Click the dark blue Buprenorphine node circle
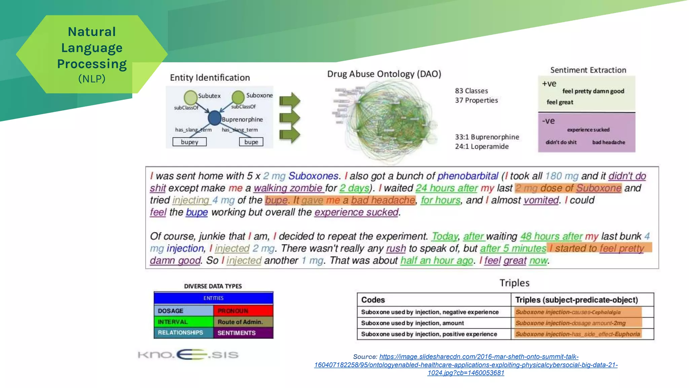pyautogui.click(x=214, y=118)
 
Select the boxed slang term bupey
pyautogui.click(x=189, y=142)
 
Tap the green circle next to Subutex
pyautogui.click(x=190, y=97)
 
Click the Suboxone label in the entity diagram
pyautogui.click(x=259, y=95)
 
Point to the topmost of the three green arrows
pyautogui.click(x=290, y=100)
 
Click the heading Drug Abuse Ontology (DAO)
pyautogui.click(x=384, y=74)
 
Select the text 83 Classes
pyautogui.click(x=471, y=91)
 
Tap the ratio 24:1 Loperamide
pyautogui.click(x=481, y=147)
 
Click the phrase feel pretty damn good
pyautogui.click(x=593, y=91)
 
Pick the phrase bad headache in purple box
pyautogui.click(x=608, y=142)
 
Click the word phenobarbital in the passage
pyautogui.click(x=467, y=176)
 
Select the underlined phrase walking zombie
pyautogui.click(x=288, y=188)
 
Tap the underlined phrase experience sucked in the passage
pyautogui.click(x=356, y=212)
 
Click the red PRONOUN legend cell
pyautogui.click(x=243, y=311)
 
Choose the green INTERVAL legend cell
pyautogui.click(x=183, y=322)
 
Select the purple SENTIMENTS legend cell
pyautogui.click(x=243, y=333)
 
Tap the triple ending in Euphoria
pyautogui.click(x=577, y=334)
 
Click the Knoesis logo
pyautogui.click(x=188, y=354)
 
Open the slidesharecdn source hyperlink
pyautogui.click(x=466, y=365)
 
